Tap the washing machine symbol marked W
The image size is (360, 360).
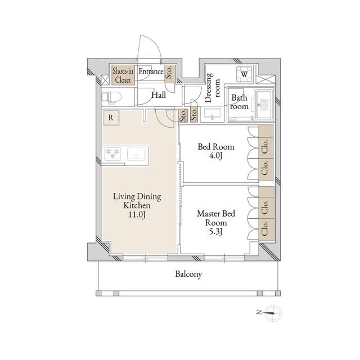click(244, 74)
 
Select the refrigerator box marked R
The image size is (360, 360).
click(111, 118)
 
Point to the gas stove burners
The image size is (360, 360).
click(112, 154)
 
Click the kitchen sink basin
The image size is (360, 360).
click(136, 154)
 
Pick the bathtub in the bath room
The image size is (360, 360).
click(264, 105)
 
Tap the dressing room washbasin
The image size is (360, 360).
click(212, 114)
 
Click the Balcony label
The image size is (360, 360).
click(188, 274)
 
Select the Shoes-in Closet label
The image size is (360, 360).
click(123, 75)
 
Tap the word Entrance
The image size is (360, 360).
click(151, 71)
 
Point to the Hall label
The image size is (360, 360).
click(159, 95)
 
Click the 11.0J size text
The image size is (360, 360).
click(137, 215)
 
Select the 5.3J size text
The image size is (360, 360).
click(215, 232)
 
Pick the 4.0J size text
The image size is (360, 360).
click(215, 156)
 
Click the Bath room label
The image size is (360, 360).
click(240, 102)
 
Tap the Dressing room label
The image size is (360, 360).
click(212, 88)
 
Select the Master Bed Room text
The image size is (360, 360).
click(216, 218)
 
